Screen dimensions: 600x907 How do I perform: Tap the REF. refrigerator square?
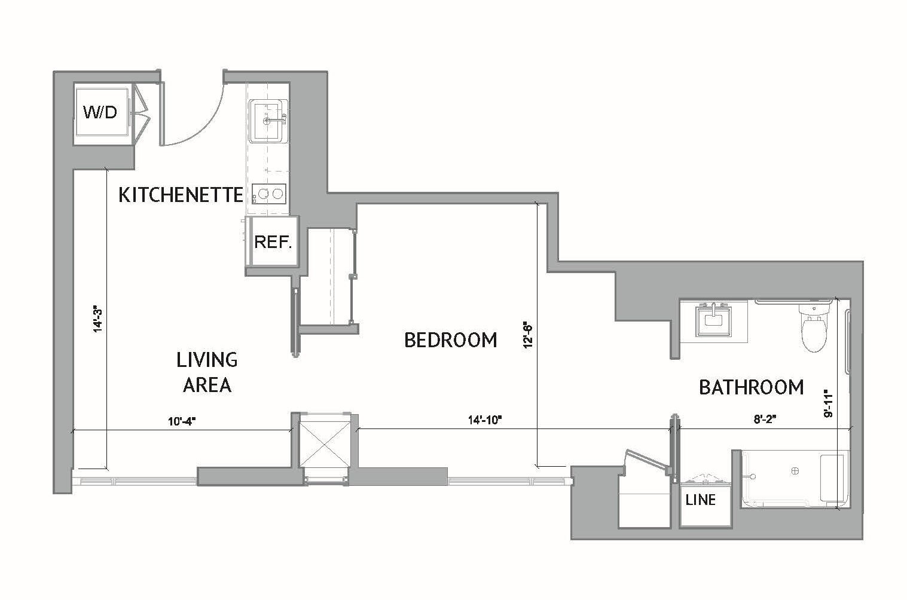point(273,242)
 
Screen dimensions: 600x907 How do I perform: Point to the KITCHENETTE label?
point(181,195)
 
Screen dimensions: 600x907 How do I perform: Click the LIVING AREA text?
point(207,372)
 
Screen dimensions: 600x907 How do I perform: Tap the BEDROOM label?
point(451,340)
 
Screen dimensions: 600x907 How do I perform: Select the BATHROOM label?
point(751,387)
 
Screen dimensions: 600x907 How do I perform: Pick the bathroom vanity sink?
point(713,321)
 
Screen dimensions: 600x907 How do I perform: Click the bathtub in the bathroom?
point(794,479)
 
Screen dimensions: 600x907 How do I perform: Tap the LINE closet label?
point(700,499)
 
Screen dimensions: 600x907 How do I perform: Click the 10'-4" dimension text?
point(182,421)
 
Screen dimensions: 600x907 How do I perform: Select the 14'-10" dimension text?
point(484,420)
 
